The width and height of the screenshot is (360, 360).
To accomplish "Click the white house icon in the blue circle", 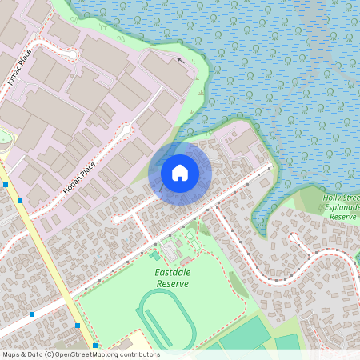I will (x=180, y=172).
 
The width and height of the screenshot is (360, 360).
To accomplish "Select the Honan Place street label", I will (x=79, y=178).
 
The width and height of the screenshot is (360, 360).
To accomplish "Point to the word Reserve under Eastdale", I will (x=172, y=284).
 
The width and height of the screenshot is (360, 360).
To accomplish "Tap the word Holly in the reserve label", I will (x=334, y=197).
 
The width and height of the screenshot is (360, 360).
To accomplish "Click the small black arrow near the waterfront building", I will (x=180, y=59).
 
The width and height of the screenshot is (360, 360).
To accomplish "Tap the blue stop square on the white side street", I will (x=32, y=314).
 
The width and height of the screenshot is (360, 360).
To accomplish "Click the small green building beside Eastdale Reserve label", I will (x=154, y=255).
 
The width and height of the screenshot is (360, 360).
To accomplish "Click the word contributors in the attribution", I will (x=138, y=354).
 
